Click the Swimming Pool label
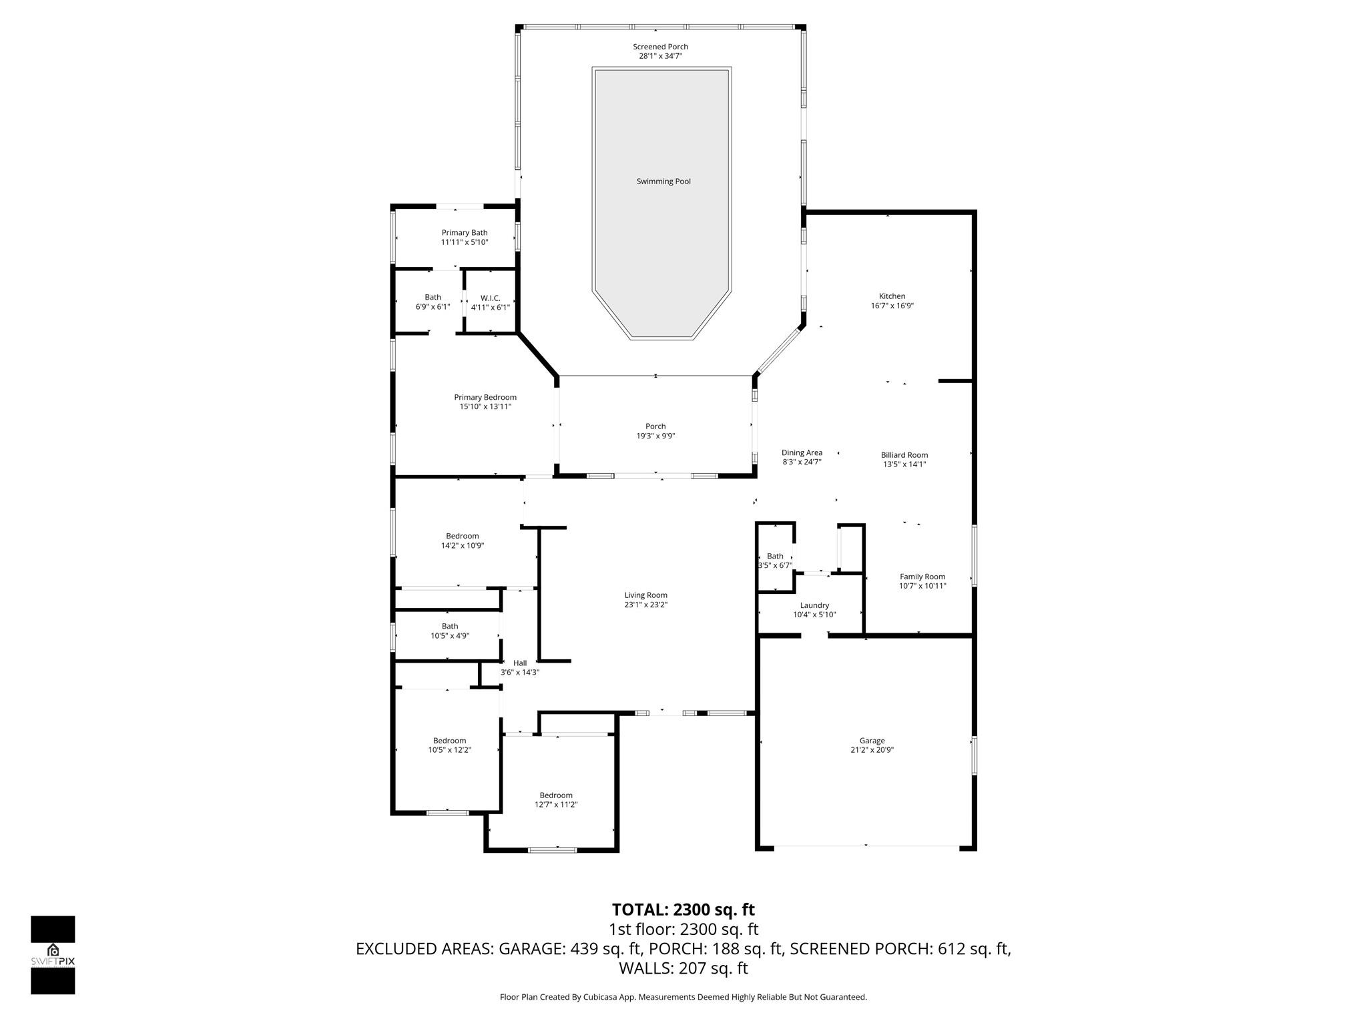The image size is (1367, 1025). [x=663, y=182]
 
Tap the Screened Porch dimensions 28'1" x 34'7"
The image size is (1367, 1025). [x=660, y=56]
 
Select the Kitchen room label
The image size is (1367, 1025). [x=892, y=296]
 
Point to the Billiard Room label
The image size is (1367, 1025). [x=904, y=455]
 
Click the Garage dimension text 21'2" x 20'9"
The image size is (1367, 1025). [x=872, y=750]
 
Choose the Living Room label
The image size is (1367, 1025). [x=645, y=595]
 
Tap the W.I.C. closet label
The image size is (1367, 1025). [x=490, y=298]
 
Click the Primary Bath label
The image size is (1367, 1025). [x=464, y=233]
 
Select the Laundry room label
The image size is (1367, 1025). [x=814, y=605]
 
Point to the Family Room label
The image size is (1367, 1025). [x=922, y=577]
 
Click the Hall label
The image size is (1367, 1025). [x=520, y=663]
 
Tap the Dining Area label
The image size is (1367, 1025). [x=802, y=452]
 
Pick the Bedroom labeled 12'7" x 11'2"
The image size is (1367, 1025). [x=556, y=800]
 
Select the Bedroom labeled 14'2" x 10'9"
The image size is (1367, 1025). [x=462, y=541]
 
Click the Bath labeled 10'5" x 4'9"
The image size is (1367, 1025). [x=449, y=631]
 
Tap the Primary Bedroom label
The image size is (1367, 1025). [x=485, y=397]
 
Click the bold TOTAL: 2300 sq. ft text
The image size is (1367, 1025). [x=683, y=910]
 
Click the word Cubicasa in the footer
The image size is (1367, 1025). [x=599, y=997]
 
